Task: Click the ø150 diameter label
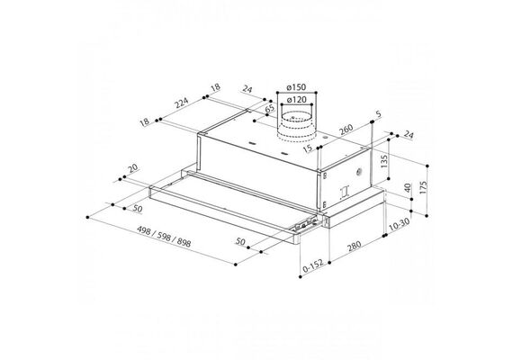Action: click(296, 87)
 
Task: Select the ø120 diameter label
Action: click(296, 99)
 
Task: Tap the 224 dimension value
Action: click(181, 103)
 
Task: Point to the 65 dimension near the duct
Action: click(270, 109)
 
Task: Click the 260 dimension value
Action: click(346, 130)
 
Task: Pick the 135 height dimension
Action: click(384, 161)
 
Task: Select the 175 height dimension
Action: click(423, 187)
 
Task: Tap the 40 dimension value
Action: click(408, 188)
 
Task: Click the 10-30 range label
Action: click(399, 224)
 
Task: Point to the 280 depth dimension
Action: click(354, 246)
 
